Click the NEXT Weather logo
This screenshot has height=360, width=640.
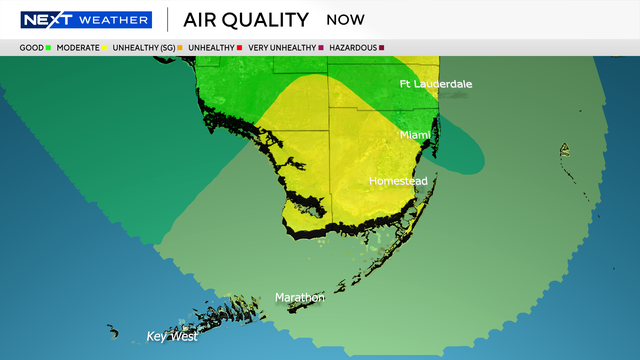click(x=86, y=20)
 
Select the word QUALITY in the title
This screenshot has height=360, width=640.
click(x=271, y=20)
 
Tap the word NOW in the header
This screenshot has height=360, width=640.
click(x=345, y=20)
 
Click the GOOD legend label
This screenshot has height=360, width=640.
click(x=31, y=47)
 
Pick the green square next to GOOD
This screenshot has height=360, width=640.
click(x=49, y=47)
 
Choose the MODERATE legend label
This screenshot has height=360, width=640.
click(x=77, y=47)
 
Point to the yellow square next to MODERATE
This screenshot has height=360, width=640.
click(x=105, y=47)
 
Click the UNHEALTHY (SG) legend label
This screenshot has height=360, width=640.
click(x=142, y=47)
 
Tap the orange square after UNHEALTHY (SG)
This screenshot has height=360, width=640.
click(x=179, y=47)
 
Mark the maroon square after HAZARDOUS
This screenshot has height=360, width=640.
click(x=382, y=47)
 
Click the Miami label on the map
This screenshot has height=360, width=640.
click(x=415, y=134)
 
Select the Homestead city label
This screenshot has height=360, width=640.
click(x=398, y=181)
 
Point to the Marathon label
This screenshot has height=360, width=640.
click(x=300, y=297)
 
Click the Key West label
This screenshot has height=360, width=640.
click(x=172, y=336)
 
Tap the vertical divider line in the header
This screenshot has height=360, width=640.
click(x=167, y=20)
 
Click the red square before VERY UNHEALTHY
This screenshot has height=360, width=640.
click(x=239, y=47)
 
